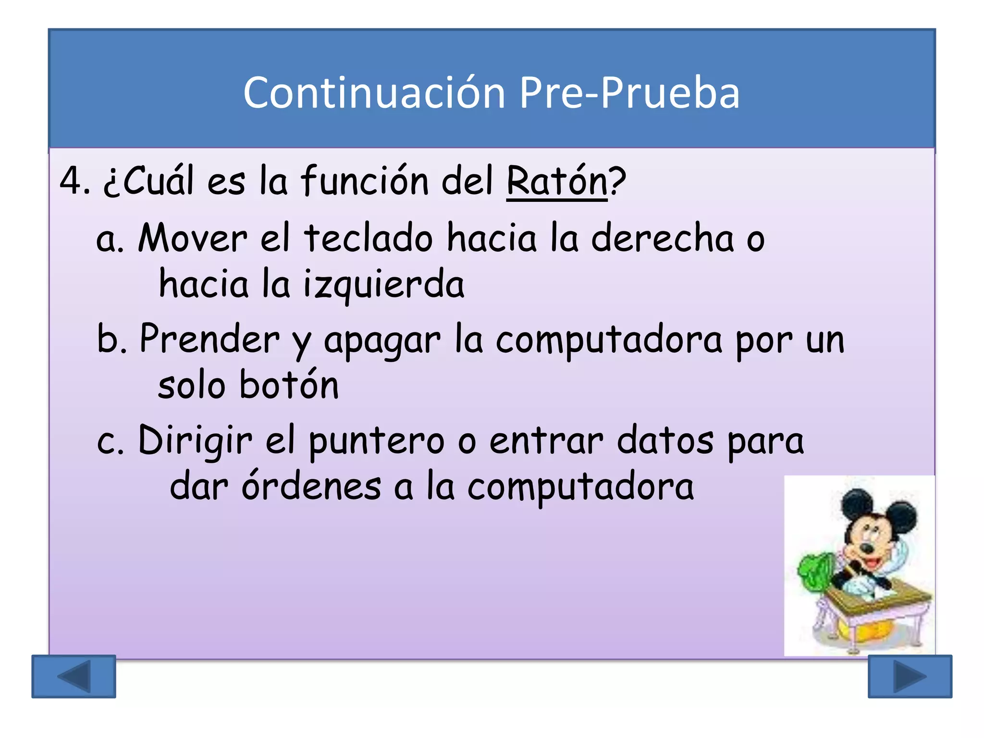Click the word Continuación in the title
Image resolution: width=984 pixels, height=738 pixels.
[374, 93]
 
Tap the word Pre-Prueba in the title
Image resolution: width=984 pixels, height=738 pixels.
[629, 93]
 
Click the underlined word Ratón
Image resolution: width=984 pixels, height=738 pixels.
[557, 182]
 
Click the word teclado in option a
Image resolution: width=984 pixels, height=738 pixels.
[368, 238]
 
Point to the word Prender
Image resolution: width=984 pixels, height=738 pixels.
[209, 339]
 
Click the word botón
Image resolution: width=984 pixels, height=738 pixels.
[289, 385]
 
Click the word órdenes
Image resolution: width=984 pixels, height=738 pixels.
[311, 487]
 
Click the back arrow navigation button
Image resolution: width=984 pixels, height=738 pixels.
[74, 676]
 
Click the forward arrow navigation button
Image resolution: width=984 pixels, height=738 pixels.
[910, 676]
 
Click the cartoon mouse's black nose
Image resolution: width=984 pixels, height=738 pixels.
[867, 547]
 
